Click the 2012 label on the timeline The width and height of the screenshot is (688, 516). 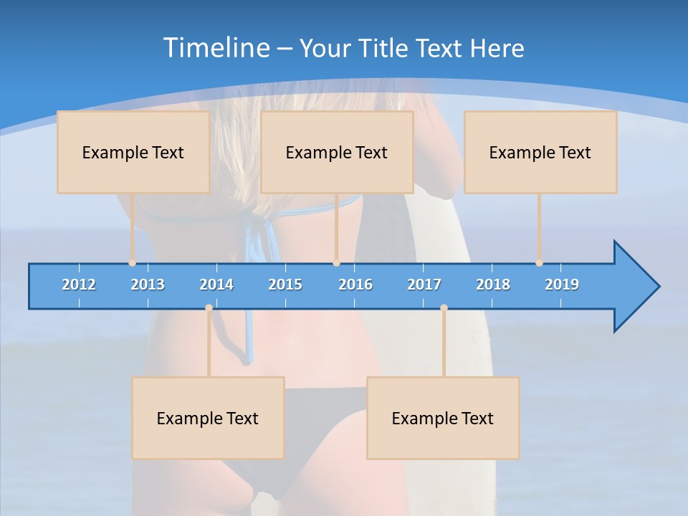[79, 285]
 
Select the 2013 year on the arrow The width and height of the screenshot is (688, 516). [148, 285]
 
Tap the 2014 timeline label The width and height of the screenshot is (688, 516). [216, 285]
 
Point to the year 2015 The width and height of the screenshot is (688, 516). [285, 285]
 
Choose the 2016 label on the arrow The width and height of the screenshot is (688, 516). [355, 285]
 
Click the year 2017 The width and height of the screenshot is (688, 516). [424, 285]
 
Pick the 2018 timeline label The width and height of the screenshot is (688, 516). [493, 285]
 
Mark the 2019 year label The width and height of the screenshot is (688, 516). [562, 285]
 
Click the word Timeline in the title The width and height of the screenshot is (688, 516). [216, 48]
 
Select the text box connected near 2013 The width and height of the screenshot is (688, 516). [133, 152]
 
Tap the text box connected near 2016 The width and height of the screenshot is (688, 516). [337, 152]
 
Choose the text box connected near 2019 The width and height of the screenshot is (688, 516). [540, 152]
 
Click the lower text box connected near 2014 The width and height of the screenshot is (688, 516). [208, 418]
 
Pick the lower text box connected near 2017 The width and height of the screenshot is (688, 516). [443, 418]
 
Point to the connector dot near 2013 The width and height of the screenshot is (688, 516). [133, 263]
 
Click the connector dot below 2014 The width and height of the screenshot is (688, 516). [209, 308]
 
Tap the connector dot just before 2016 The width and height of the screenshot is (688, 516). [336, 263]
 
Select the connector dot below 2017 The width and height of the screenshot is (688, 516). [444, 308]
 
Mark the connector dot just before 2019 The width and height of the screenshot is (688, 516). [540, 263]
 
